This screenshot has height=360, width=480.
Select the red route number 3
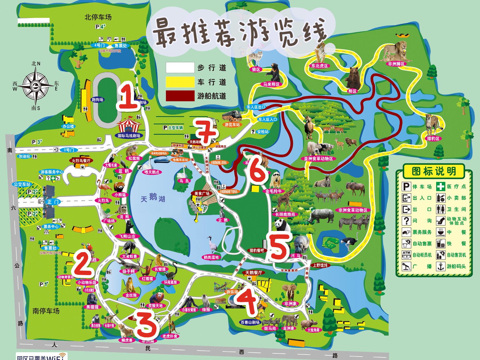point(146,325)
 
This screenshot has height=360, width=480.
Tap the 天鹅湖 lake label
point(153,199)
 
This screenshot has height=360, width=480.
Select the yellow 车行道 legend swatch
point(180,82)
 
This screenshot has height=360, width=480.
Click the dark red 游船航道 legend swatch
point(180,96)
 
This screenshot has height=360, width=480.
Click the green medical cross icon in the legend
point(440,186)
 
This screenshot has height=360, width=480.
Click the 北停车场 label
point(98,17)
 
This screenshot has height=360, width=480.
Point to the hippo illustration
point(301,244)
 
